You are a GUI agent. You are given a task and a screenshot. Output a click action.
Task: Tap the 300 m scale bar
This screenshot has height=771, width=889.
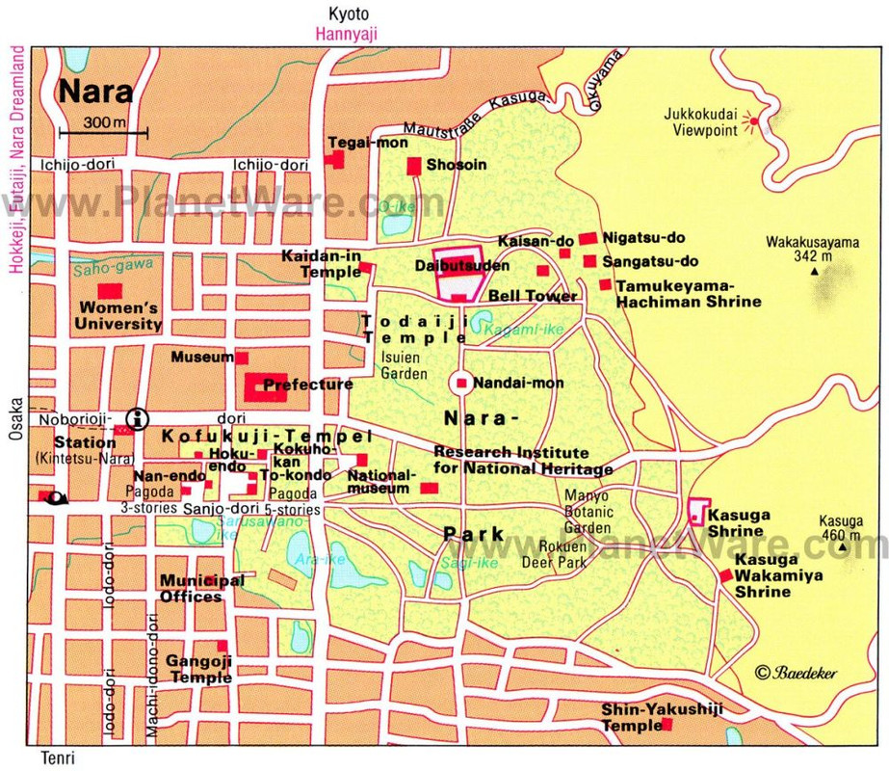click(x=103, y=131)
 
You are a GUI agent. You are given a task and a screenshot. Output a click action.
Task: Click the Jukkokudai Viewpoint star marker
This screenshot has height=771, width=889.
click(x=754, y=121)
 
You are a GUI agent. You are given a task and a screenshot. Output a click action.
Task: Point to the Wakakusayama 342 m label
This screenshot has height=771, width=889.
click(x=812, y=250)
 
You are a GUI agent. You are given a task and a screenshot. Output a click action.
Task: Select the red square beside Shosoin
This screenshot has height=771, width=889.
click(x=414, y=166)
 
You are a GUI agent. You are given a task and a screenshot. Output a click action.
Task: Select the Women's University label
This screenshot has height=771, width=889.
click(x=119, y=316)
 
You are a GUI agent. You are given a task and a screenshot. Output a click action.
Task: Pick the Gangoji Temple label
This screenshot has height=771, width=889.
click(x=198, y=669)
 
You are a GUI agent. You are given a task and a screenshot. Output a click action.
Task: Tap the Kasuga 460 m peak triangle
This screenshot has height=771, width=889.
click(x=844, y=548)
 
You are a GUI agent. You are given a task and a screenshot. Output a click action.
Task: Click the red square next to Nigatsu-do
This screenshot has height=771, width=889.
click(x=587, y=238)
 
